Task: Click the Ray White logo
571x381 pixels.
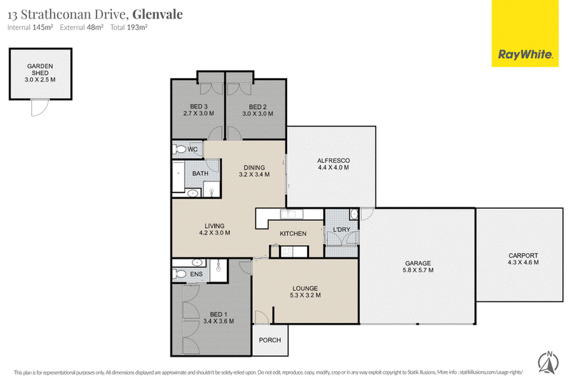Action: pos(525,34)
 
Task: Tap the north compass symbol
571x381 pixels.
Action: pos(548,362)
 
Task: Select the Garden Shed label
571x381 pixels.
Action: pos(40,72)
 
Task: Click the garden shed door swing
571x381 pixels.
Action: pos(39,108)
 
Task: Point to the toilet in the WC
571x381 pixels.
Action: pos(180,149)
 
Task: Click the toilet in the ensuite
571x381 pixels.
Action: pos(180,274)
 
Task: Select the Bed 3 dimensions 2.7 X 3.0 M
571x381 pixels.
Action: pos(198,114)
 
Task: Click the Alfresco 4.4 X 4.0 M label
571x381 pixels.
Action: pos(333,164)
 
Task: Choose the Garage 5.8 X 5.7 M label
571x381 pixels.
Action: pos(418,267)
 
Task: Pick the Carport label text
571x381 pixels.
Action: pos(523,256)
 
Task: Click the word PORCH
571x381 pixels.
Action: pos(270,340)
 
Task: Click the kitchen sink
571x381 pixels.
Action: pos(291,214)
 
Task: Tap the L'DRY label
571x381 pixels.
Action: pos(342,229)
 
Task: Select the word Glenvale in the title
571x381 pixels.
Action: pos(158,14)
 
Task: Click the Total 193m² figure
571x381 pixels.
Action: pos(129,27)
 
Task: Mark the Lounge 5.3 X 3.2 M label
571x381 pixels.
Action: pos(305,292)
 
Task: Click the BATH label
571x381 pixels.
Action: pos(201,174)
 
